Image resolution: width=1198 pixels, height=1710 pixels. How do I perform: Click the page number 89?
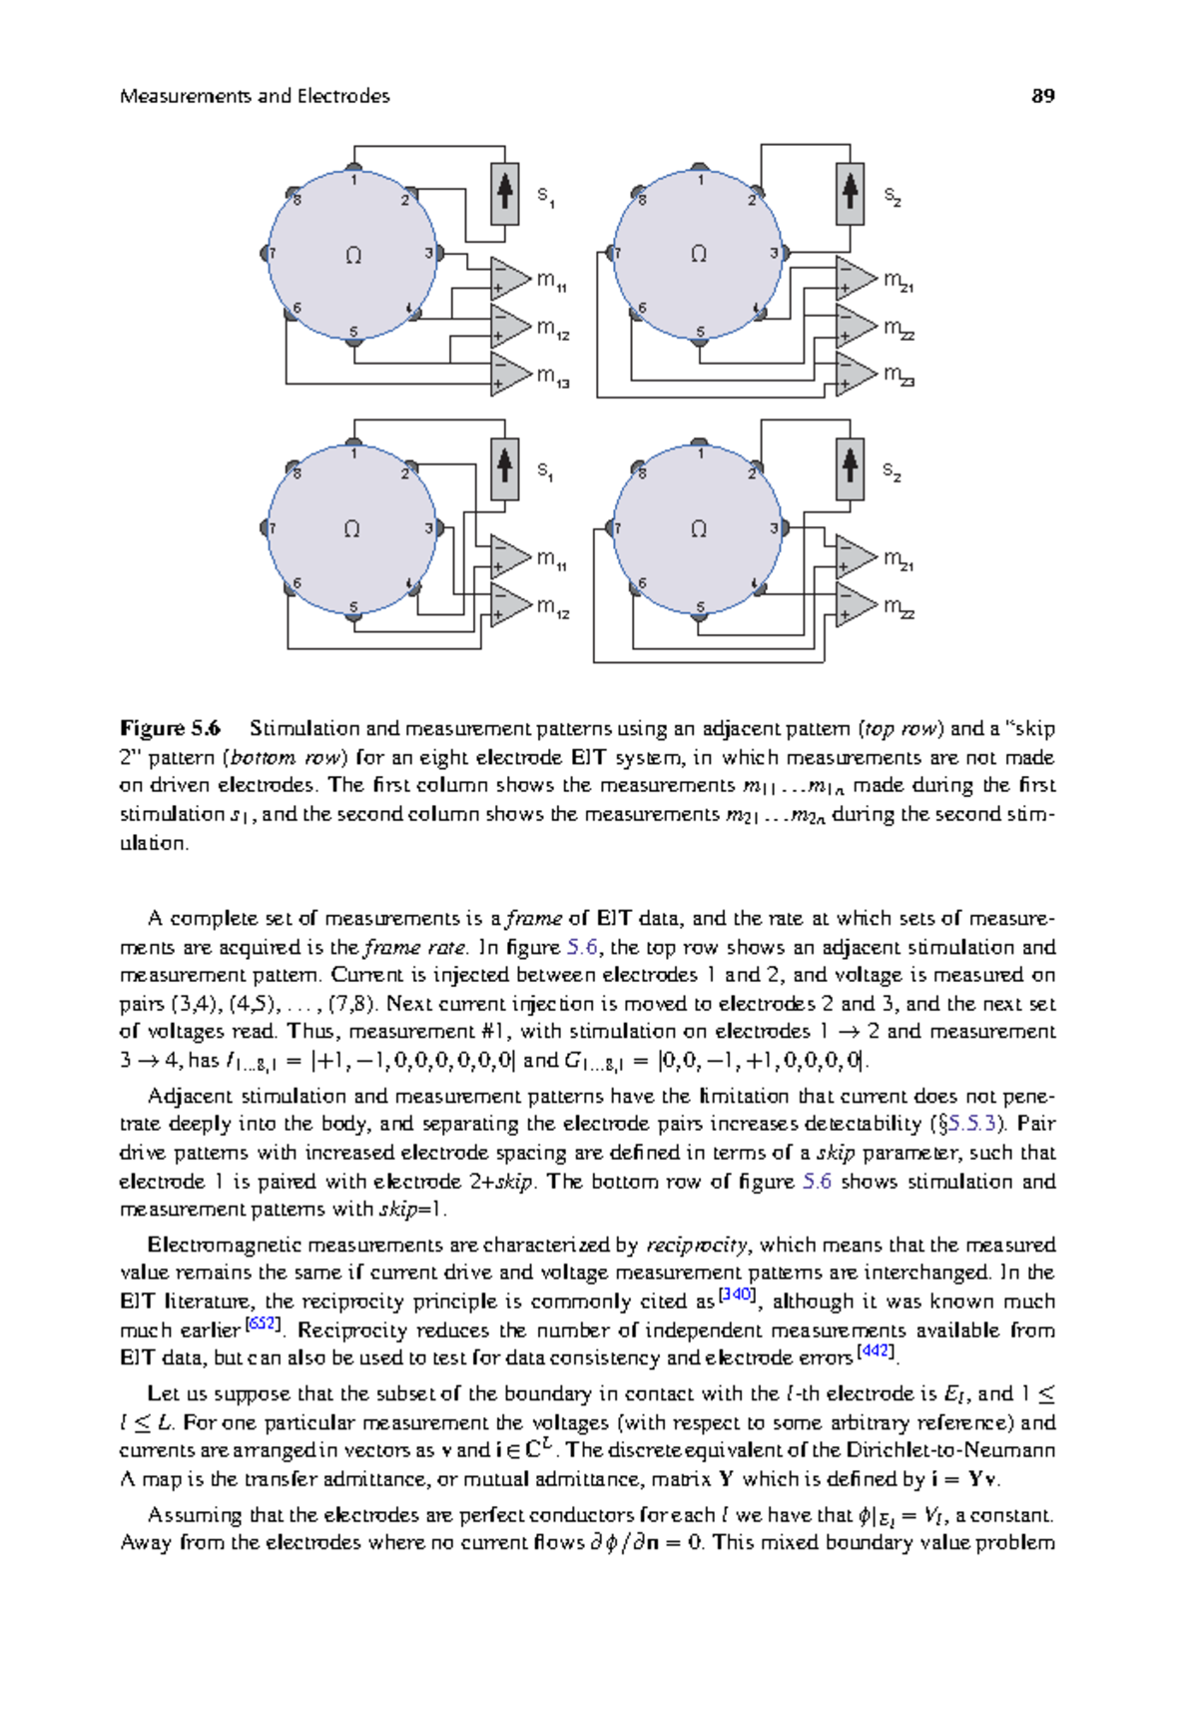tap(1042, 96)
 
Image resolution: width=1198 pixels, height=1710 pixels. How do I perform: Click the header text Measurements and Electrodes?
tap(255, 96)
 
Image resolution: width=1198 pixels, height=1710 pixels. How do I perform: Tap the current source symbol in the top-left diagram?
tap(504, 193)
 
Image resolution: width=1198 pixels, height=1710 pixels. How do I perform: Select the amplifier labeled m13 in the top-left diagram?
tap(509, 374)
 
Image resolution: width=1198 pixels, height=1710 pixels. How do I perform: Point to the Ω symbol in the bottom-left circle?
tap(351, 529)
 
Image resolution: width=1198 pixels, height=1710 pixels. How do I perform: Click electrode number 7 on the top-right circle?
tap(617, 254)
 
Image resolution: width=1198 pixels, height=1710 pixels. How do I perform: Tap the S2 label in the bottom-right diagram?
tap(893, 471)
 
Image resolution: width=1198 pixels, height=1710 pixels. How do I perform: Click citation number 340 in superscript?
tap(737, 1294)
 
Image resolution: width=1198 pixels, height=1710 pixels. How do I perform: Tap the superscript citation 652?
tap(263, 1323)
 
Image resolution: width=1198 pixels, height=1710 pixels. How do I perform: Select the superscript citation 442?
tap(876, 1351)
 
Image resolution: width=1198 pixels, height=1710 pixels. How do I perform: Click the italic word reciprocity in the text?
tap(696, 1245)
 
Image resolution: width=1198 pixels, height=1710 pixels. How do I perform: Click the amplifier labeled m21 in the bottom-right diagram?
tap(855, 557)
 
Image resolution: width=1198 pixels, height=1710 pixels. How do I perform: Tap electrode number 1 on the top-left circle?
tap(353, 179)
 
